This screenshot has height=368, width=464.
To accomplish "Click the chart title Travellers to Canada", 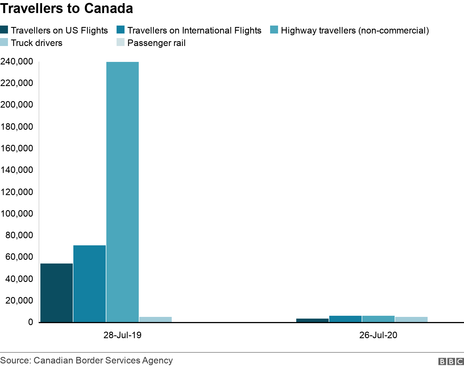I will pyautogui.click(x=67, y=9).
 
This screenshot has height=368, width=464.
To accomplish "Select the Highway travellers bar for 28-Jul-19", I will pyautogui.click(x=123, y=192).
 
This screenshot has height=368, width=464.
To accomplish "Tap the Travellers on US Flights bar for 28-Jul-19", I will pyautogui.click(x=57, y=292).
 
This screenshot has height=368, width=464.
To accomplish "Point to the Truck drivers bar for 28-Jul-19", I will pyautogui.click(x=156, y=319).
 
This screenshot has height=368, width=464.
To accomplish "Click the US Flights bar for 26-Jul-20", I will pyautogui.click(x=312, y=320).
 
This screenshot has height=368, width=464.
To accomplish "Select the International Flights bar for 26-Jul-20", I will pyautogui.click(x=345, y=319).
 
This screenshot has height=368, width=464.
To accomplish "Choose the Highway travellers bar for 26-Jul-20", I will pyautogui.click(x=378, y=319).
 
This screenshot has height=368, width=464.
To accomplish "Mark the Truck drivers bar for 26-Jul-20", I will pyautogui.click(x=411, y=319).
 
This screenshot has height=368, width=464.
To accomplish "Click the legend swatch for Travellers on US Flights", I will pyautogui.click(x=4, y=30).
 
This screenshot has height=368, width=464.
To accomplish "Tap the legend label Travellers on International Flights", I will pyautogui.click(x=194, y=30).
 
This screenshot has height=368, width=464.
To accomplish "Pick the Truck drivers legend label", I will pyautogui.click(x=36, y=43).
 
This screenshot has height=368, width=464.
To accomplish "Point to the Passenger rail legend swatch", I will pyautogui.click(x=121, y=43).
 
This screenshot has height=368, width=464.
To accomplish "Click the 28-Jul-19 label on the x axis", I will pyautogui.click(x=122, y=335).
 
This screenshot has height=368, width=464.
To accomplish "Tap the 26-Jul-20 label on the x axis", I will pyautogui.click(x=378, y=335).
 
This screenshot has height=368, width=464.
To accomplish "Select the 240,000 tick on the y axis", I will pyautogui.click(x=17, y=62).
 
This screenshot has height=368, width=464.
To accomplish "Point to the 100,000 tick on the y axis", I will pyautogui.click(x=17, y=214).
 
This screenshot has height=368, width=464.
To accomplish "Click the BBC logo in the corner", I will pyautogui.click(x=451, y=361).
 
